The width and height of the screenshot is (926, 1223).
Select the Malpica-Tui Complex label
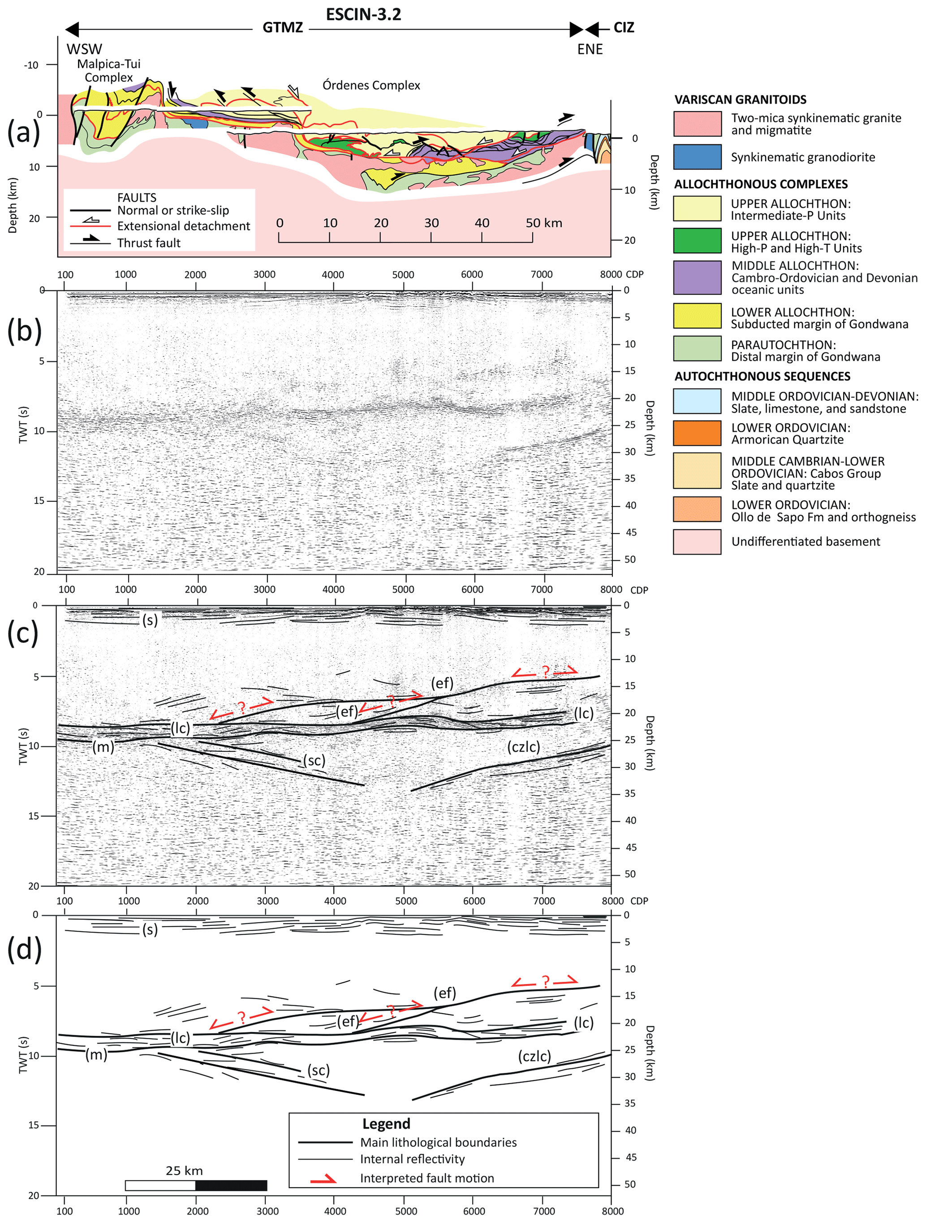click(109, 71)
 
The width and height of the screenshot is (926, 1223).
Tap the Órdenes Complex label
click(371, 85)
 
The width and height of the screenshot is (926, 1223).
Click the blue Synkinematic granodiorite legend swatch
click(697, 157)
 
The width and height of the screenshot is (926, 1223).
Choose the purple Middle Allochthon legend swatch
click(697, 278)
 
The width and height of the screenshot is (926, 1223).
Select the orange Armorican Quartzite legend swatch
click(697, 434)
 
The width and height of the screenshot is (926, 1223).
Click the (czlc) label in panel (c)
click(523, 747)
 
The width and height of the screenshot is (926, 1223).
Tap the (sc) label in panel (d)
click(318, 1071)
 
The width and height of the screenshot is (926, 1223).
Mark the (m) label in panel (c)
click(103, 747)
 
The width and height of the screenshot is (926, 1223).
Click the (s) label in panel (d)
click(150, 929)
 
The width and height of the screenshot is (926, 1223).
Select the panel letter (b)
click(24, 331)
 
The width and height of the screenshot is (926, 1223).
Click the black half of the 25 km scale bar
click(231, 1185)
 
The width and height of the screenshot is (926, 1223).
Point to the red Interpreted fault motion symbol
click(323, 1178)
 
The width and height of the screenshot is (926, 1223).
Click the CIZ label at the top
click(624, 28)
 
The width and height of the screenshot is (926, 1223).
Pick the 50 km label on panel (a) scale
click(544, 223)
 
